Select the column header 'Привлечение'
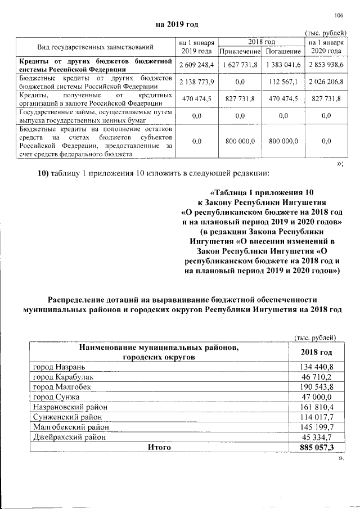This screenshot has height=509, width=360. tap(240, 52)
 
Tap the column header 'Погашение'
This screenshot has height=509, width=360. tap(284, 52)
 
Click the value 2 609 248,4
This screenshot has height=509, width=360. tap(196, 65)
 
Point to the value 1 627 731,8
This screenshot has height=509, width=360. tap(240, 65)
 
